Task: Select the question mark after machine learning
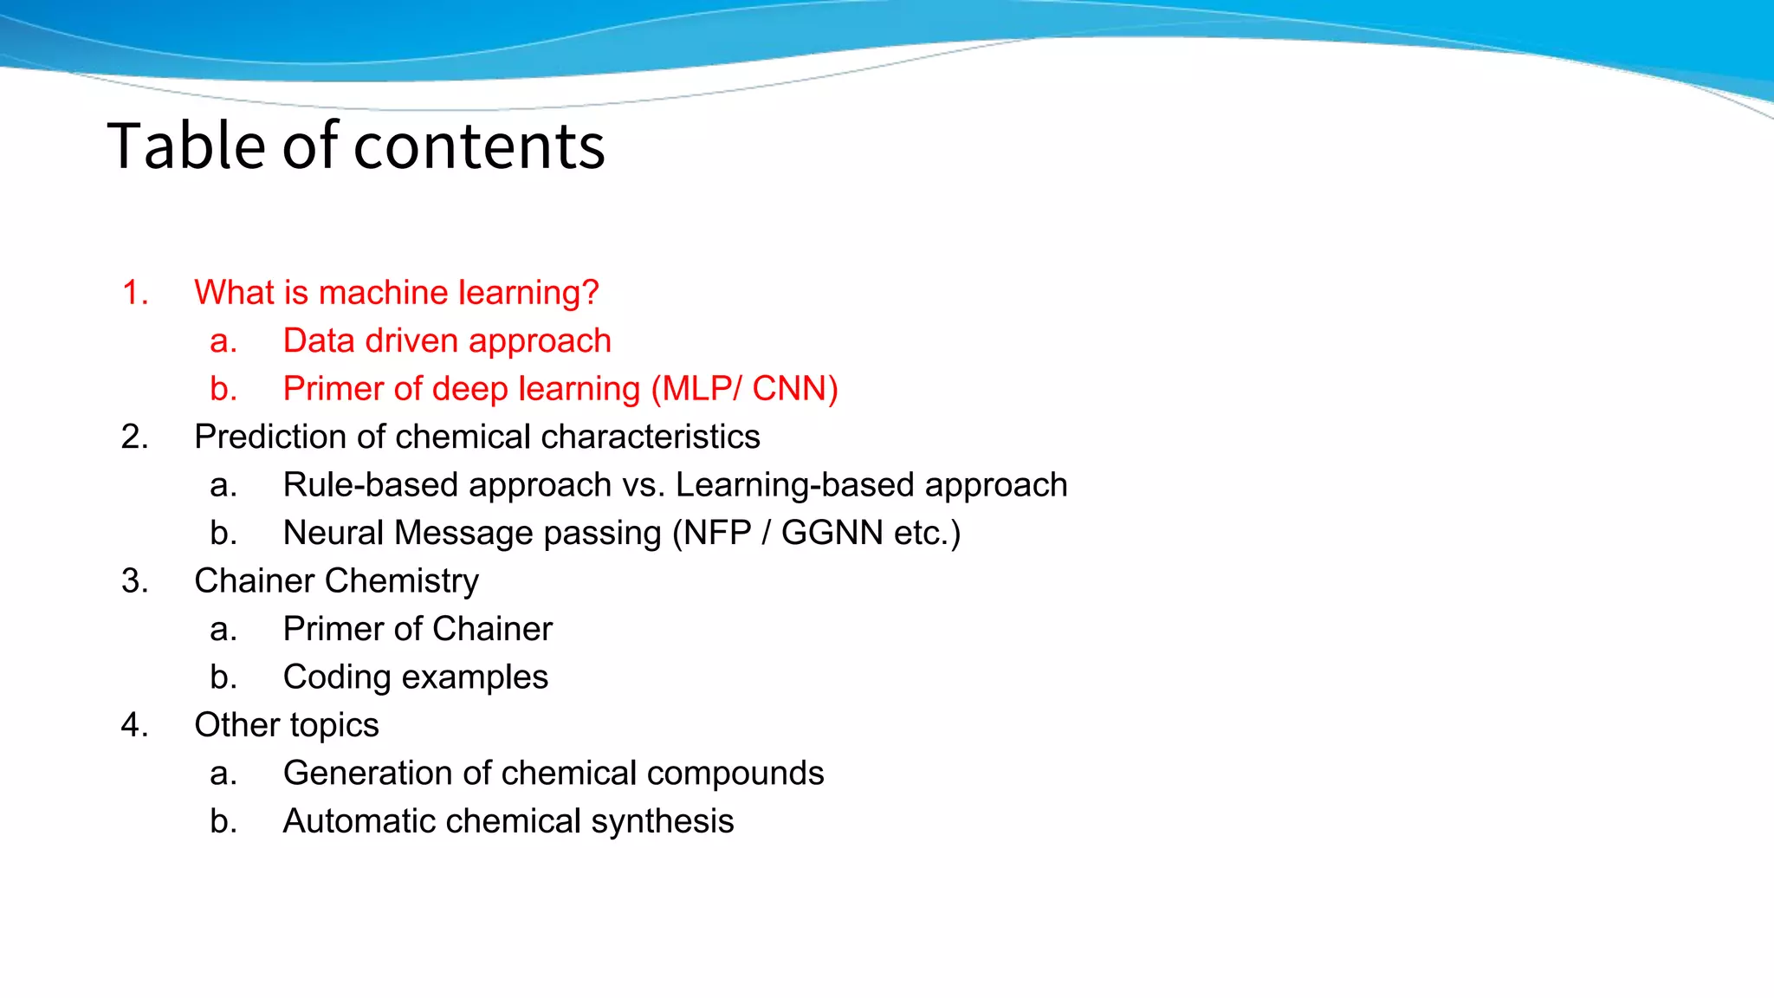[x=591, y=293]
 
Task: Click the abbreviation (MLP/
[x=696, y=389]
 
